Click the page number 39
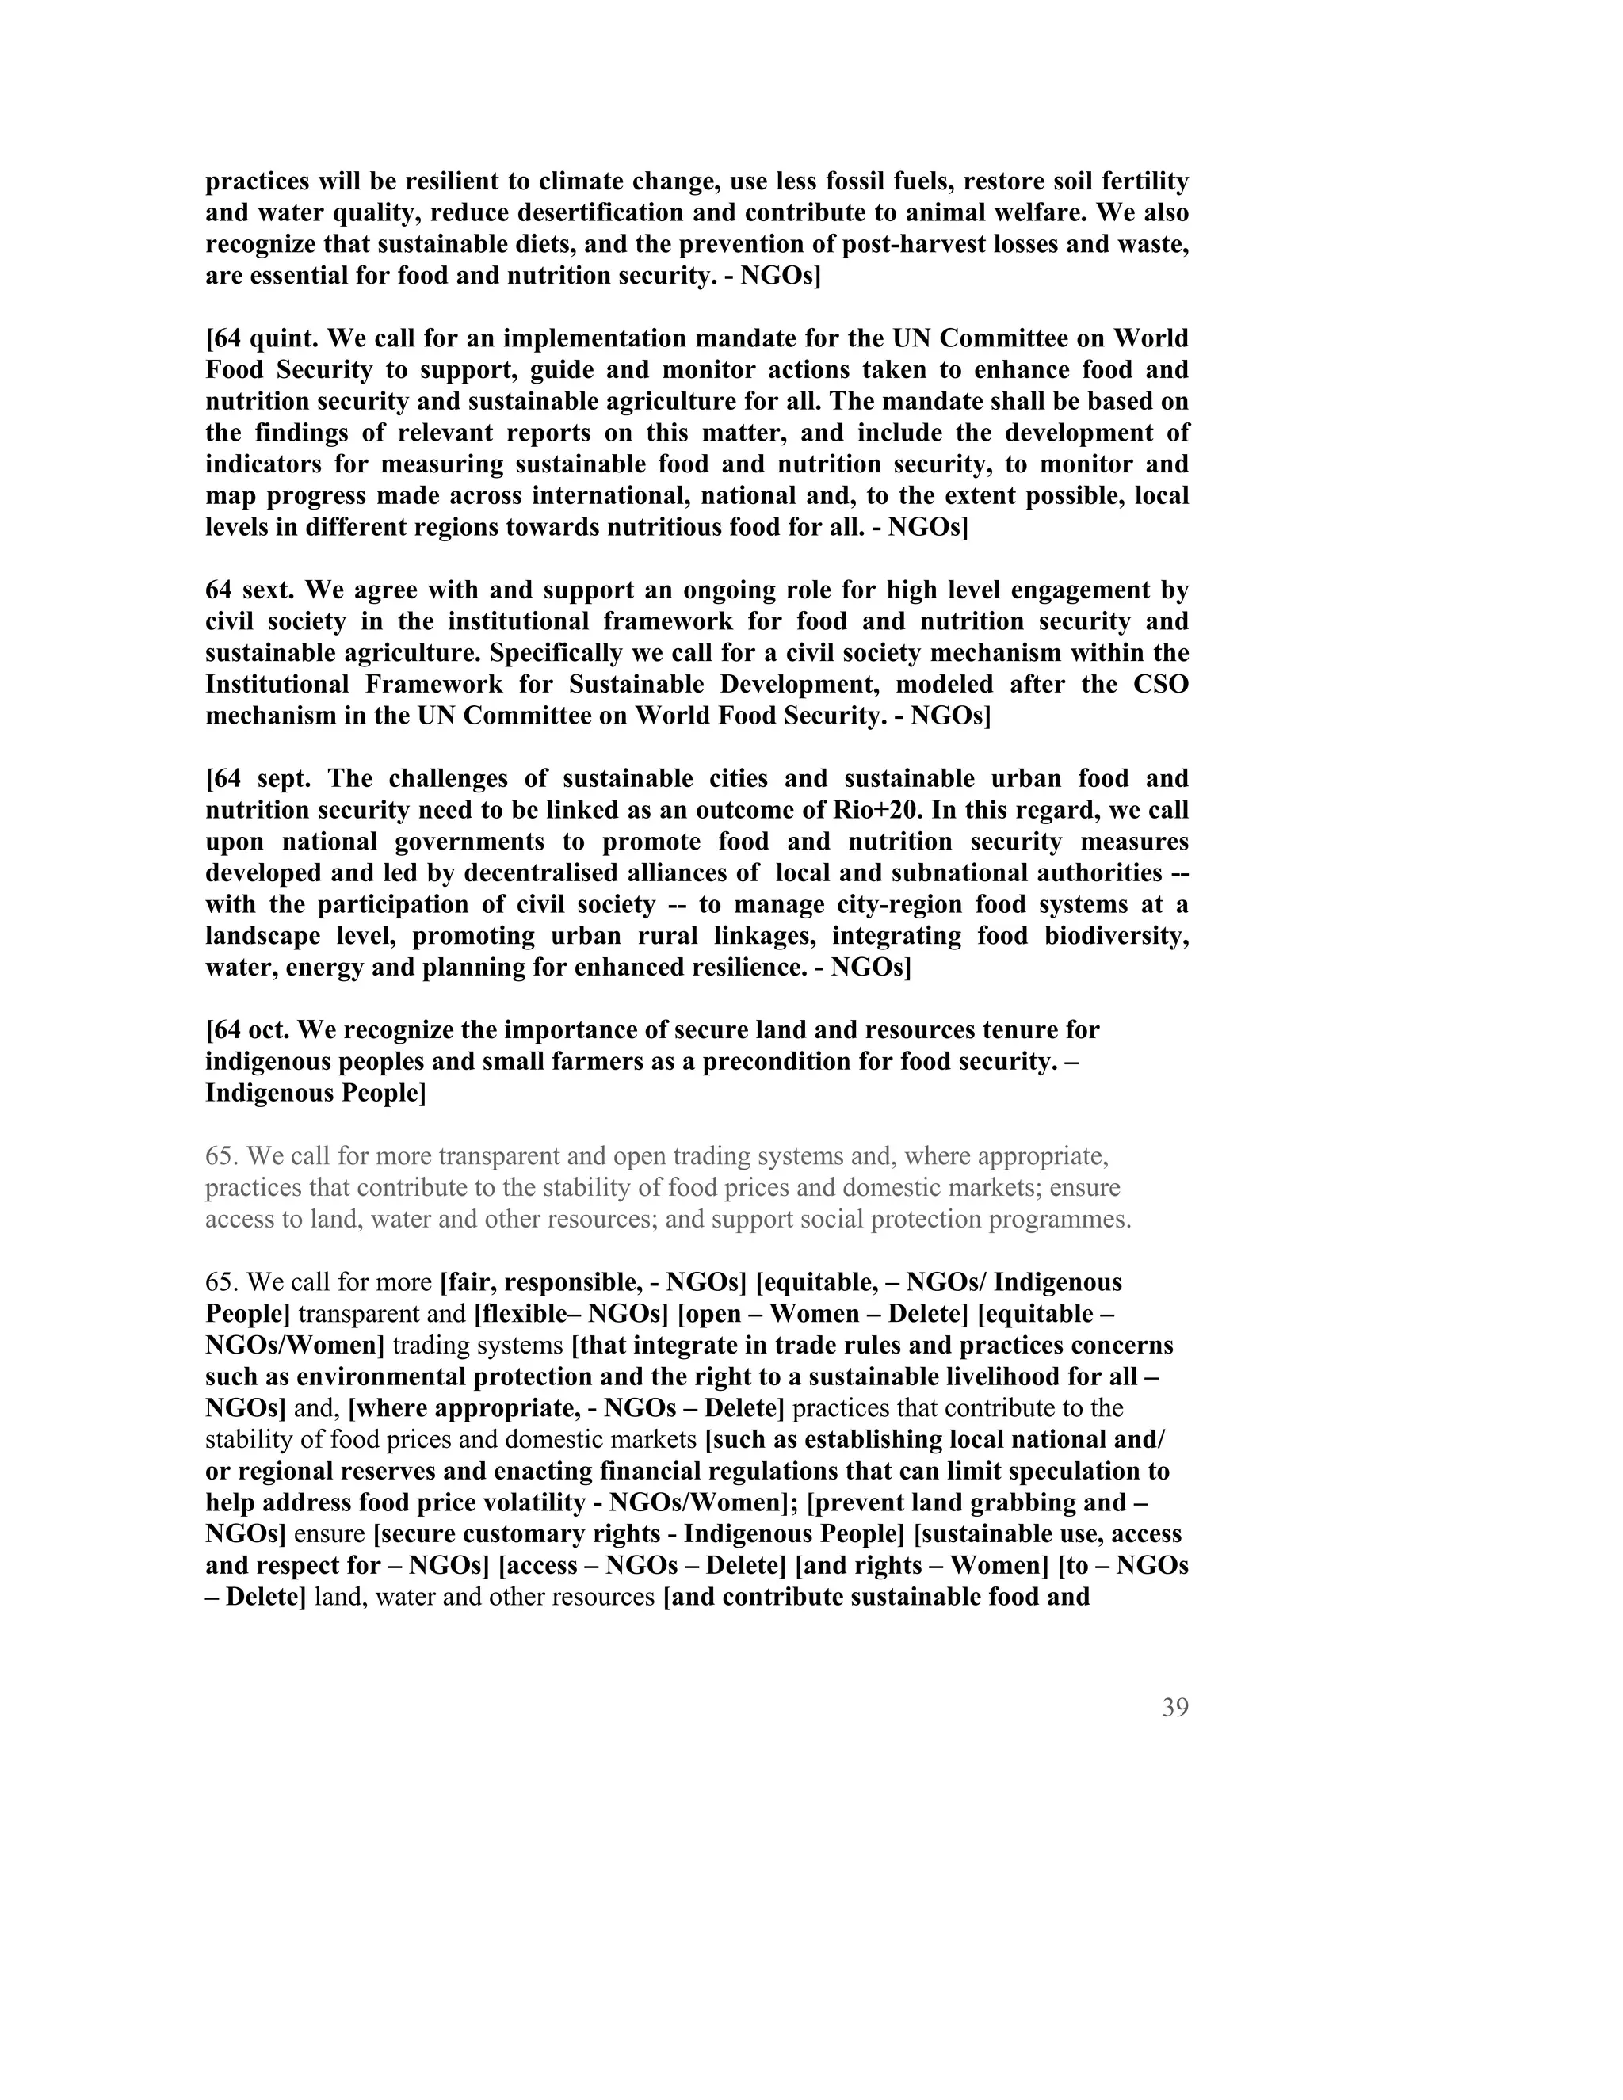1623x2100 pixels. tap(1175, 1708)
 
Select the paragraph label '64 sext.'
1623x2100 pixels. tap(249, 590)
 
